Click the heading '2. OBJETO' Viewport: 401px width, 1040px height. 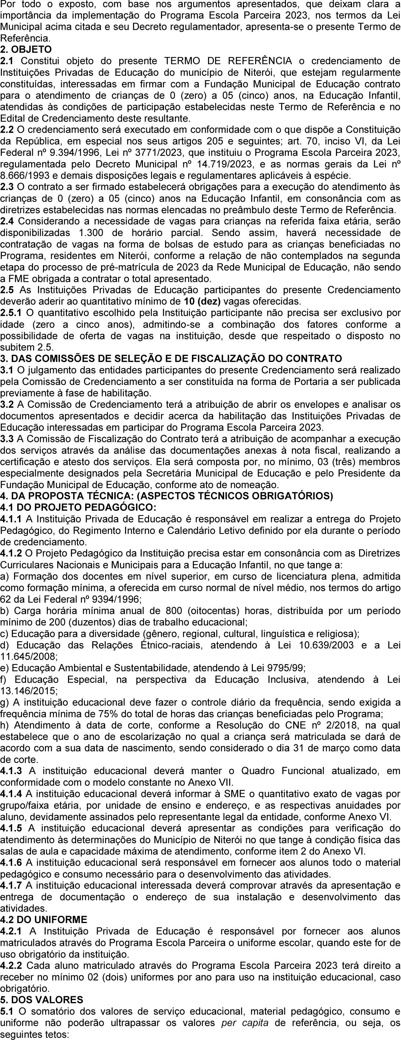(x=26, y=50)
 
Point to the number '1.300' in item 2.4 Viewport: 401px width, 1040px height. (x=94, y=234)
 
